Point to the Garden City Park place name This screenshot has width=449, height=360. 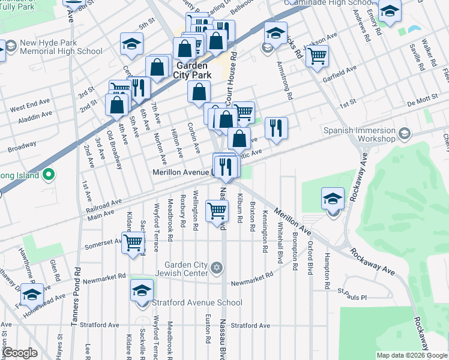[x=193, y=70]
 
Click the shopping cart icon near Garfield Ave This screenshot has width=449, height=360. [x=317, y=58]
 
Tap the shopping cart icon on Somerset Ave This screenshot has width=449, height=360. [x=134, y=242]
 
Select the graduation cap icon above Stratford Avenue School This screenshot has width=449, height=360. [x=142, y=290]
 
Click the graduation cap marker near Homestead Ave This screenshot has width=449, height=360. [x=32, y=294]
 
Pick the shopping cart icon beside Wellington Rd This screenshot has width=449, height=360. [x=217, y=211]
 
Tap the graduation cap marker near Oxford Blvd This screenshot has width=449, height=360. [x=333, y=199]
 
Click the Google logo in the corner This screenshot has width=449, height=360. [x=20, y=353]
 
